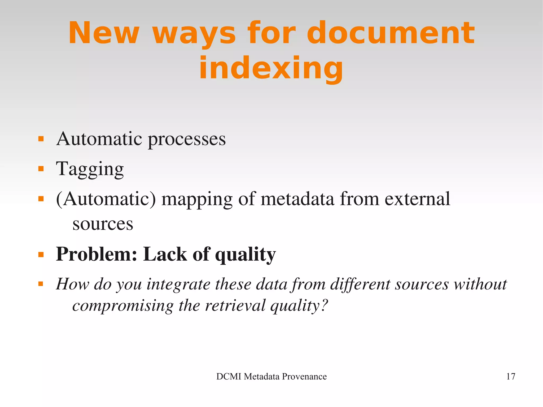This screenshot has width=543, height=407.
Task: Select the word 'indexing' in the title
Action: (x=271, y=68)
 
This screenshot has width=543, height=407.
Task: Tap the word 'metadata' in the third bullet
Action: (x=297, y=199)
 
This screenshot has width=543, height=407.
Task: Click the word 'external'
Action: (x=417, y=199)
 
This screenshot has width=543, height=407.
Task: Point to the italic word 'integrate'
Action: (x=178, y=284)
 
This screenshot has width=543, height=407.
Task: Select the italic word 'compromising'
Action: (x=123, y=306)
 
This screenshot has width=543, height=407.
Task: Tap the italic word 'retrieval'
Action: (x=235, y=305)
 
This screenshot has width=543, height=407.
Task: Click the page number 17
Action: (x=511, y=377)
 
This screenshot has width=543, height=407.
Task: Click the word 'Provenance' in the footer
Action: (x=304, y=377)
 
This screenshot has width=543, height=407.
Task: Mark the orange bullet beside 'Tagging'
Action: (x=41, y=169)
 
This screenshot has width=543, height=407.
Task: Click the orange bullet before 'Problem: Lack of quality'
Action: (x=41, y=255)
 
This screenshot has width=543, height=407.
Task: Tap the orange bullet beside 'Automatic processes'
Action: (x=41, y=139)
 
